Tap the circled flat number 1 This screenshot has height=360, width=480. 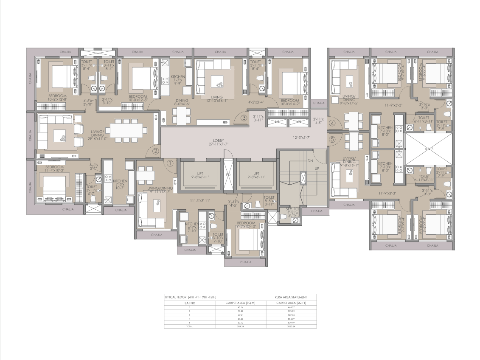170,163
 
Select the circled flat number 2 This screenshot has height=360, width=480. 156,151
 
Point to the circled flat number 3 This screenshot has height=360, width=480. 244,118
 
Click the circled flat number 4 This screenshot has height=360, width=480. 332,124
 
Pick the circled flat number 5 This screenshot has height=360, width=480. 332,139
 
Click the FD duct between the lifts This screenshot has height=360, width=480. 228,174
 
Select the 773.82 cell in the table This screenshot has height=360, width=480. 291,311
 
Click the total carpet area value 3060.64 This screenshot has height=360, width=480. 291,326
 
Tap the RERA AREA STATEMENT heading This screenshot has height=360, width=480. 291,297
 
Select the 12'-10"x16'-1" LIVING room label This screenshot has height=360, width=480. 215,99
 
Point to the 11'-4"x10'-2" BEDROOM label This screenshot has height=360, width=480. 55,169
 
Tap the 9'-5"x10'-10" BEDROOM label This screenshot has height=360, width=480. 246,225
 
